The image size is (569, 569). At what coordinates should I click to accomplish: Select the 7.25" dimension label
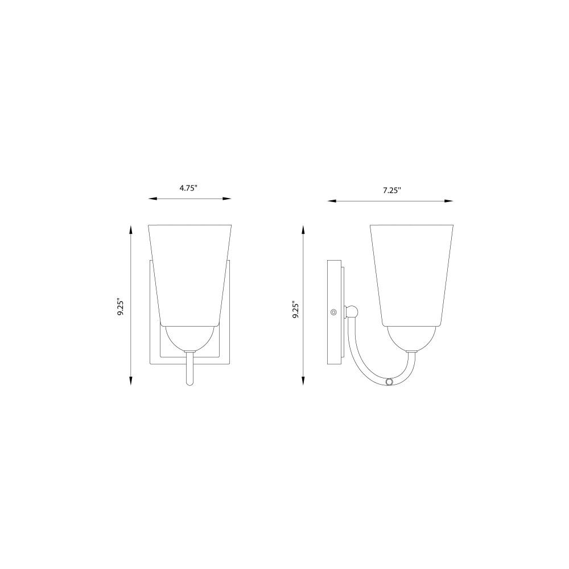coord(392,190)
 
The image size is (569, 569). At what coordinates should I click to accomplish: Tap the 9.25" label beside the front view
coord(121,307)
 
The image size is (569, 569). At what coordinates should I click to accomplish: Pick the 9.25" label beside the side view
coord(296,311)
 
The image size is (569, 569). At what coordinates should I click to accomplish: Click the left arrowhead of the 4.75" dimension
coord(152,199)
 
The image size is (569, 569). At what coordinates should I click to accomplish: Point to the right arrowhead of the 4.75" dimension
coord(227,199)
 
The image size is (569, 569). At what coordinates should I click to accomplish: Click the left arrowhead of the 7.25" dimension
coord(332,201)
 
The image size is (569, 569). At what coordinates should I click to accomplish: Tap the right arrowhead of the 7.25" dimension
coord(449,201)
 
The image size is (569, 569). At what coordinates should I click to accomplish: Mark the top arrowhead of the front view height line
coord(131,230)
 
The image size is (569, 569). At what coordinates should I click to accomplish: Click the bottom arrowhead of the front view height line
coord(131,381)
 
